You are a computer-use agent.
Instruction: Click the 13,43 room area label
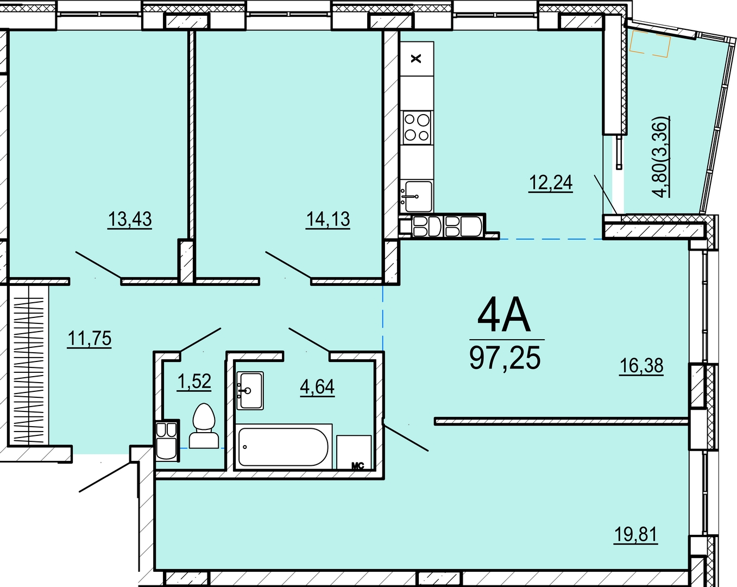(130, 220)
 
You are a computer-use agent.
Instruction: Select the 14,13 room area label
(327, 220)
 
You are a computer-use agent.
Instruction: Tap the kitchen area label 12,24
(551, 182)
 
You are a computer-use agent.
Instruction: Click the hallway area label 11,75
(90, 338)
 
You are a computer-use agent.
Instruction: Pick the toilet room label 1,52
(194, 381)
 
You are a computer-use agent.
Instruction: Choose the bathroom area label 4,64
(317, 387)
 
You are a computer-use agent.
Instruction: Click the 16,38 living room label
(641, 365)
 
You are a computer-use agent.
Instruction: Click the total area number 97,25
(505, 358)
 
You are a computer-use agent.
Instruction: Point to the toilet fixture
(204, 426)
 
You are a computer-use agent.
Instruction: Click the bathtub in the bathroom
(284, 447)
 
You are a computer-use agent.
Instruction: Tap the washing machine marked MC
(354, 452)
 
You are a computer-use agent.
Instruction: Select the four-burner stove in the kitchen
(417, 128)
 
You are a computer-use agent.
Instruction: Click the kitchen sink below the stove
(417, 196)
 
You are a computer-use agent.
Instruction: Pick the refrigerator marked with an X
(417, 59)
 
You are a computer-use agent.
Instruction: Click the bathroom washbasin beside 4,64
(250, 391)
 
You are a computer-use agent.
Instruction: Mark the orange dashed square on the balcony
(650, 43)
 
